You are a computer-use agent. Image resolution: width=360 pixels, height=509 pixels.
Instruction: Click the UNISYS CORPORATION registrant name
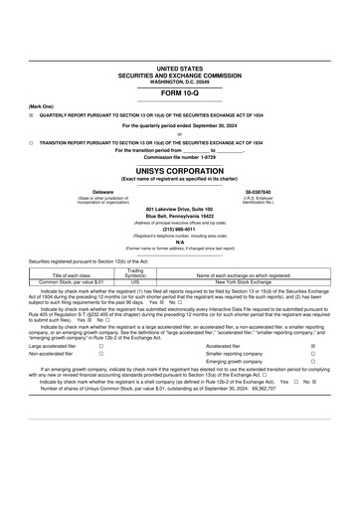point(179,171)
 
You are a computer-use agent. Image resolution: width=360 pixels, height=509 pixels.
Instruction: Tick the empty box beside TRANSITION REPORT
point(31,142)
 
